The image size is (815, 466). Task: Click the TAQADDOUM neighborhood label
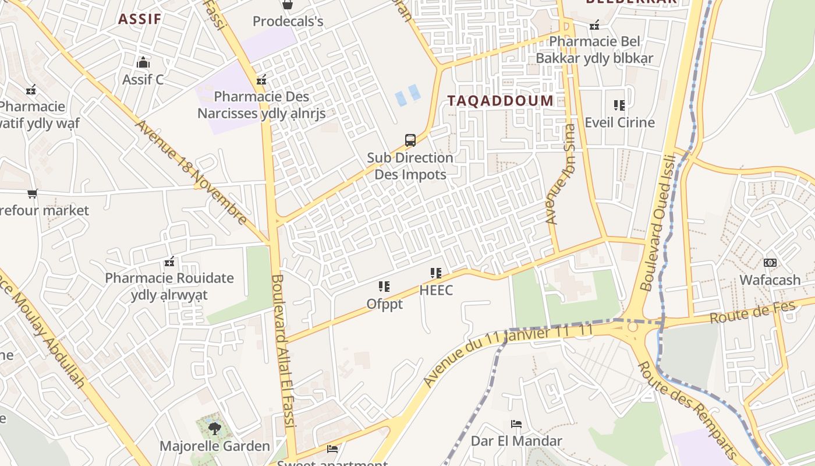coord(500,100)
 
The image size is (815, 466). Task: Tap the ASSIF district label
coord(140,19)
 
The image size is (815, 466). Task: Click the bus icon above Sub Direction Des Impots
coord(410,140)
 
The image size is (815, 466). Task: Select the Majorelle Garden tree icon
coord(215,429)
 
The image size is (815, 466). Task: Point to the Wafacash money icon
coord(770,263)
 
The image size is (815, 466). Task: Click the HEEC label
coord(436,290)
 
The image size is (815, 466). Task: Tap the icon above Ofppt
coord(384,287)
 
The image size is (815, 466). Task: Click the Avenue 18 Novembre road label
coord(192,172)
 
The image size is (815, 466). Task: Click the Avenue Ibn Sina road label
coord(561,174)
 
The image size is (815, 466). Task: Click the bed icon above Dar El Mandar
coord(516,423)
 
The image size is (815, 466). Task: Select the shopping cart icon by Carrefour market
coord(33,193)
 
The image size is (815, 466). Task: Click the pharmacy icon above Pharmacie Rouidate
coord(169,262)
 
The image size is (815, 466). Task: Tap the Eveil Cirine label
coord(619,122)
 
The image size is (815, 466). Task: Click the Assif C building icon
coord(143,62)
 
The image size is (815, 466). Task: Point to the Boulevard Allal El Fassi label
coord(284,360)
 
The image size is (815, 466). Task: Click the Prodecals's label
coord(288,22)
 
